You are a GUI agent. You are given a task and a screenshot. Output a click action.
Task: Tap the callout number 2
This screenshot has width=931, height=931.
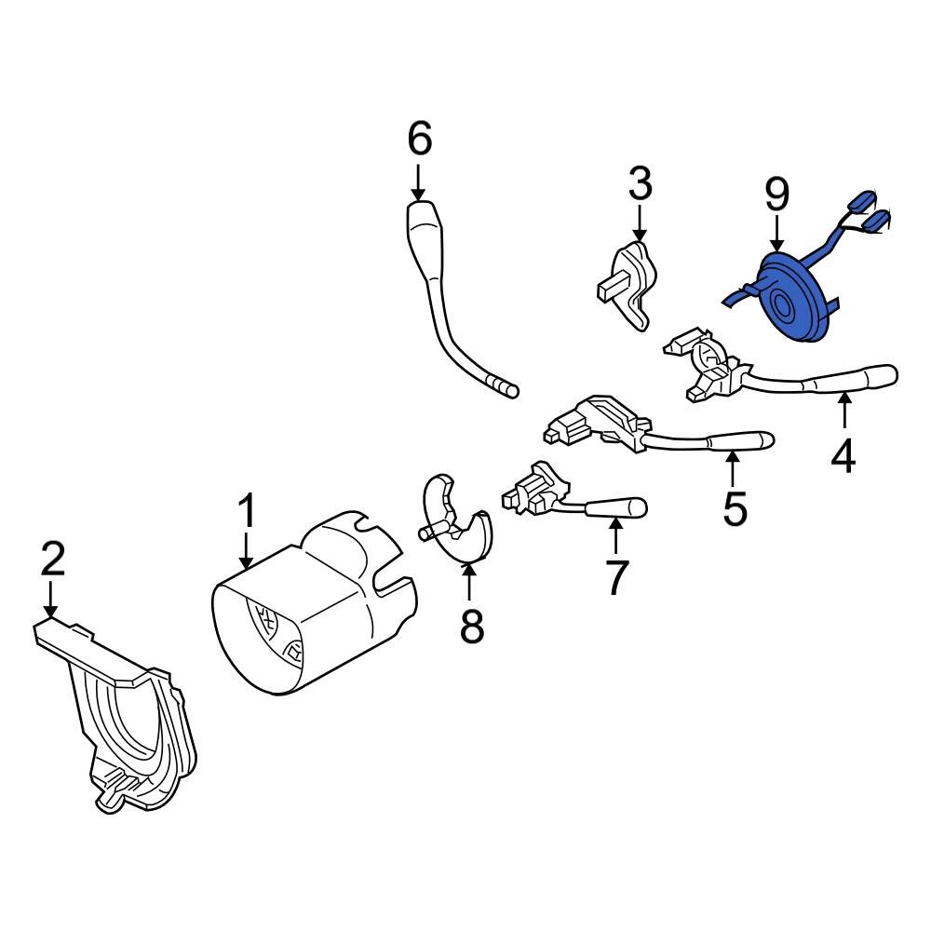pyautogui.click(x=52, y=561)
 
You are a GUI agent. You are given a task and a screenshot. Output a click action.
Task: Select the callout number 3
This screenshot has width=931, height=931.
pyautogui.click(x=640, y=185)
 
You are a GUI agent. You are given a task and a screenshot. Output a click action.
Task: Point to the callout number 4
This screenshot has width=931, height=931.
pyautogui.click(x=843, y=455)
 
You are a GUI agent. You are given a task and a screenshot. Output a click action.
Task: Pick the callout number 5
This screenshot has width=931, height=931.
pyautogui.click(x=735, y=508)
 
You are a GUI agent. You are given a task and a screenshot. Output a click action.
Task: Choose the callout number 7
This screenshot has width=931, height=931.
pyautogui.click(x=614, y=576)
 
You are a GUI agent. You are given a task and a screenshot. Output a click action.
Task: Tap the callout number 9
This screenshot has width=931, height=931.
pyautogui.click(x=776, y=195)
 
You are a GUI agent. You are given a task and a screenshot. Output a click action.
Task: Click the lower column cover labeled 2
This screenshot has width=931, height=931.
pyautogui.click(x=121, y=717)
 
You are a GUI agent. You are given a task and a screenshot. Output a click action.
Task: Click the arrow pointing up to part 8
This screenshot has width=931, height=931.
pyautogui.click(x=470, y=582)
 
